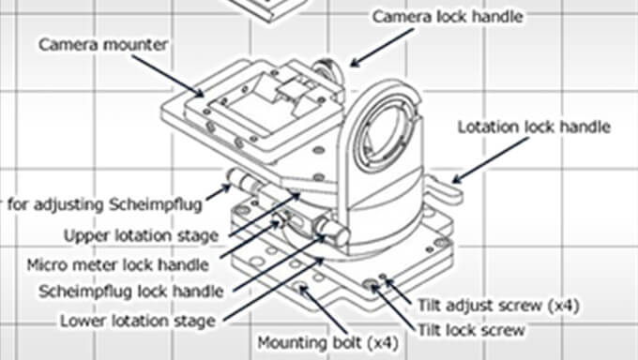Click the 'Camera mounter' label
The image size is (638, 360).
103,45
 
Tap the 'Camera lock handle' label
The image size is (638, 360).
448,17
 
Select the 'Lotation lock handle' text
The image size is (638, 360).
534,127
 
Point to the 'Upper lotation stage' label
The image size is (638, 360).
141,235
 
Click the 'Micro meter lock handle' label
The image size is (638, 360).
118,265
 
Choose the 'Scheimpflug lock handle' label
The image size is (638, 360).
131,292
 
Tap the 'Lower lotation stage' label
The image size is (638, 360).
138,321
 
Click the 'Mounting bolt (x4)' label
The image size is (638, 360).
328,342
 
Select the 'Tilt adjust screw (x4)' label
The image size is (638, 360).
498,306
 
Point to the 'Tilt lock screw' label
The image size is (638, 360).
472,330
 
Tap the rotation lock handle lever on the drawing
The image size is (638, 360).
446,190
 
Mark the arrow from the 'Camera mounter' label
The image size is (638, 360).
168,76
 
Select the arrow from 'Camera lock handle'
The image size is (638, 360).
382,47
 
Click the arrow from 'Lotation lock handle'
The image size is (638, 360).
491,160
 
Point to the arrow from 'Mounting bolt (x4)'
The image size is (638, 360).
324,309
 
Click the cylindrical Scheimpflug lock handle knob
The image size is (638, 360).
332,231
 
